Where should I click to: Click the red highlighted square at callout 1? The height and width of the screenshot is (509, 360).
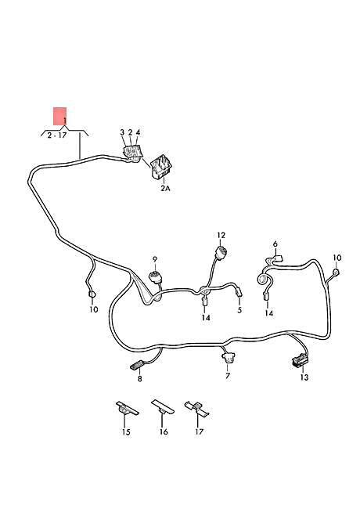[x=60, y=116]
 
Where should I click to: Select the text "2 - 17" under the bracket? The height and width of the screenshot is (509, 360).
[x=57, y=135]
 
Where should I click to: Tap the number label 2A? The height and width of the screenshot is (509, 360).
[x=165, y=188]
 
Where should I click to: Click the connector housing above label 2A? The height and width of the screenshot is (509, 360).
[x=161, y=167]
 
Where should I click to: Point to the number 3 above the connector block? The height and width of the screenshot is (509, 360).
[x=122, y=132]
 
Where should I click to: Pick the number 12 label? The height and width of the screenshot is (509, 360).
[x=221, y=235]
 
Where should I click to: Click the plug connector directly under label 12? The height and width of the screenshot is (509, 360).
[x=221, y=253]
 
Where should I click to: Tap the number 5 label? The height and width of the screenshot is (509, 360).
[x=239, y=310]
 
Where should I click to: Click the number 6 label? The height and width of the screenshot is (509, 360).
[x=275, y=244]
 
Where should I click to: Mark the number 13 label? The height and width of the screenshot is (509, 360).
[x=304, y=377]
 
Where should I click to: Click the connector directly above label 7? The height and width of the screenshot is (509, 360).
[x=228, y=357]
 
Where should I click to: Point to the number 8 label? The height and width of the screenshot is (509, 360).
[x=140, y=378]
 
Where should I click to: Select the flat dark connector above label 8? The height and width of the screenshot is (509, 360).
[x=136, y=366]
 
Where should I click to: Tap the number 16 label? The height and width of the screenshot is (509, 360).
[x=164, y=431]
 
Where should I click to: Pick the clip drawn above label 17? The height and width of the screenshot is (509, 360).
[x=197, y=409]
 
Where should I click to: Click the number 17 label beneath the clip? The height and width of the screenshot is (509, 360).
[x=199, y=431]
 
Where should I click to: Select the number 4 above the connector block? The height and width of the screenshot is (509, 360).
[x=139, y=132]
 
